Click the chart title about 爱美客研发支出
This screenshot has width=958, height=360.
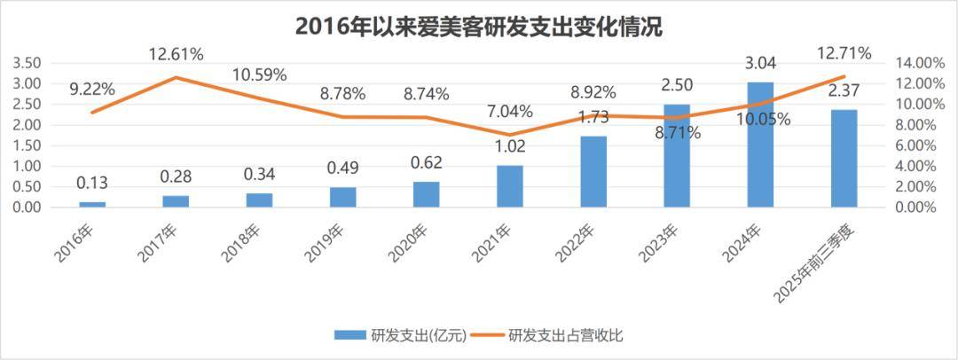click(x=479, y=27)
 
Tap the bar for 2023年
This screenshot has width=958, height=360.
click(x=677, y=155)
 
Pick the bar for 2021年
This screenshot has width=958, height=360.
click(x=510, y=186)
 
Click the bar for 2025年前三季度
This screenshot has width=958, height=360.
click(x=844, y=159)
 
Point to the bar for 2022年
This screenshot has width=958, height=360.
click(x=593, y=171)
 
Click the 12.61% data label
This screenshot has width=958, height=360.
click(x=176, y=55)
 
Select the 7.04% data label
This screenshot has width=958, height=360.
click(x=510, y=112)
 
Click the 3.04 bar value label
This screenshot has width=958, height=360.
click(x=760, y=63)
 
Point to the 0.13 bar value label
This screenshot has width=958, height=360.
click(x=92, y=184)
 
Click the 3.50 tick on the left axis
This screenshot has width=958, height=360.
click(x=27, y=63)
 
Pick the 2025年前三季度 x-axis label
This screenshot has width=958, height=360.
click(x=826, y=257)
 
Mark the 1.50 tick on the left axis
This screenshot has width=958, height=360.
click(x=27, y=145)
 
